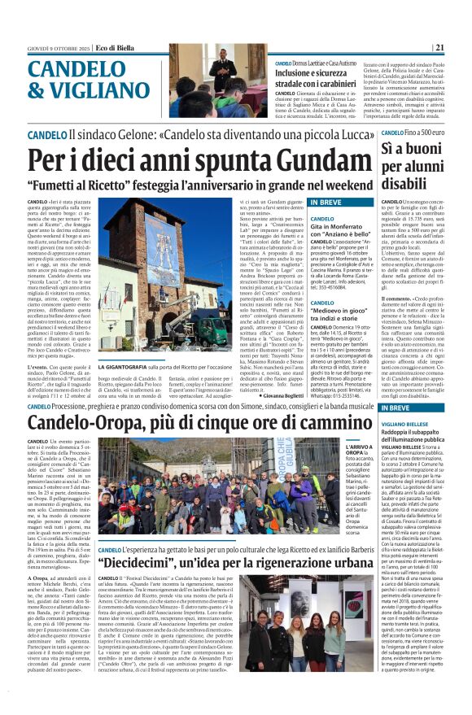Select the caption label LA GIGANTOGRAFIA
123,367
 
